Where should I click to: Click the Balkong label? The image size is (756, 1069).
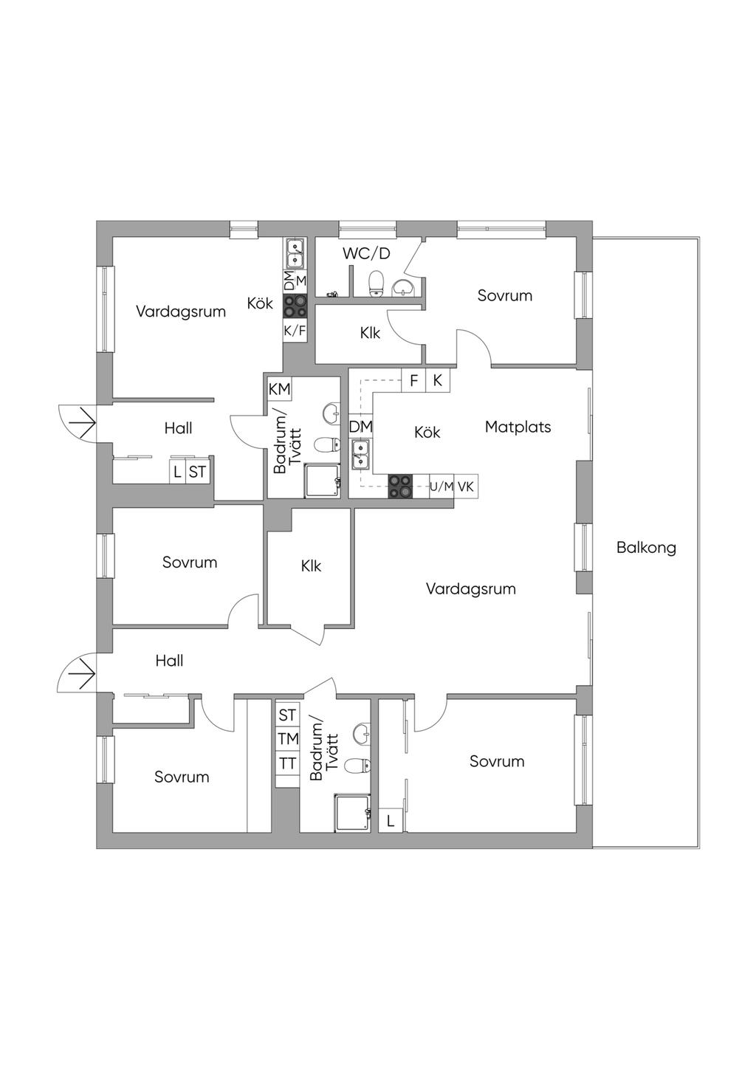coord(646,547)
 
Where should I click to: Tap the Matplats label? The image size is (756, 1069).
coord(518,427)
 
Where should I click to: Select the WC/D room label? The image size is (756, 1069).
coord(366,254)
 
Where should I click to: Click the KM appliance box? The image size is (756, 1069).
coord(279,389)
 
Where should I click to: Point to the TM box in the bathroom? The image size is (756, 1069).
coord(288,739)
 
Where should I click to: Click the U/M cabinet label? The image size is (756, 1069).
coord(441,487)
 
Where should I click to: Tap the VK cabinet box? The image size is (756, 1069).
coord(466,487)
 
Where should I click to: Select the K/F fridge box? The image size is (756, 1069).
coord(295,331)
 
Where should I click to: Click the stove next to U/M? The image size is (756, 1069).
coord(400,487)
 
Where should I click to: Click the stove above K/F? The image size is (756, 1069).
coord(295,306)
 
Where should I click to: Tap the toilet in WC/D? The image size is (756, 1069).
coord(377,283)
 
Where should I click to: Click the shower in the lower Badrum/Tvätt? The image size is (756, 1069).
coord(352,812)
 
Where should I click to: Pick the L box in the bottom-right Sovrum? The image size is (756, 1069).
coord(391,822)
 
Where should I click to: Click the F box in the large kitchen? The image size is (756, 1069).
coord(413,380)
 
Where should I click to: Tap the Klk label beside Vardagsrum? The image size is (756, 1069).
coord(311,566)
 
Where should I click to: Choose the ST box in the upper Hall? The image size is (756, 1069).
coord(197,472)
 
